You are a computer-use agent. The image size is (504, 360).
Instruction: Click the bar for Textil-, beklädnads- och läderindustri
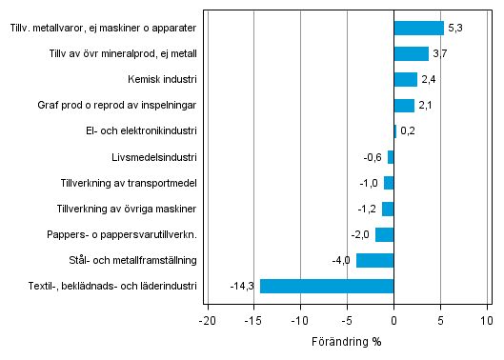(x=327, y=286)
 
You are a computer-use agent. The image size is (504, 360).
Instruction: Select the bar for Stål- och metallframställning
(x=375, y=260)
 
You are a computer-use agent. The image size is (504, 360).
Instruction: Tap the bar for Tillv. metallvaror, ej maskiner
(x=418, y=29)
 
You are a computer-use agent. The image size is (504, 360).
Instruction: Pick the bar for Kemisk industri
(x=405, y=80)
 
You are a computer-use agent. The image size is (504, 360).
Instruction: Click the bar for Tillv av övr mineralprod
(x=411, y=54)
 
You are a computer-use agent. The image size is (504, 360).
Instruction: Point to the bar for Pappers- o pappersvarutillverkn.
(x=385, y=234)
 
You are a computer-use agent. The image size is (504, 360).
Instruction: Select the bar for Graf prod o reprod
(x=404, y=106)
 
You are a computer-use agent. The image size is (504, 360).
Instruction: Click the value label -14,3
(x=242, y=286)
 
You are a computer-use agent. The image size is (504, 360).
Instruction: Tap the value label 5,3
(x=455, y=29)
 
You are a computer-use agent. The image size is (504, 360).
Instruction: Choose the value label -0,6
(x=373, y=157)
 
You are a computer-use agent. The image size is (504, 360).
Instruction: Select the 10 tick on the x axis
(x=487, y=320)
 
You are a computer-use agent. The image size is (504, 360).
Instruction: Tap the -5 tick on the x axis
(x=347, y=320)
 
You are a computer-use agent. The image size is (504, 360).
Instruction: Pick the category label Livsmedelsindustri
(x=154, y=157)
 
